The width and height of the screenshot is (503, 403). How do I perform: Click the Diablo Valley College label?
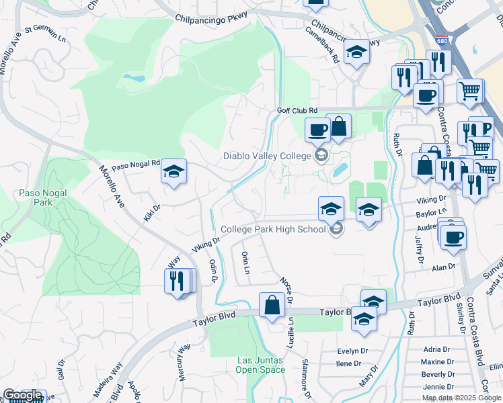267,156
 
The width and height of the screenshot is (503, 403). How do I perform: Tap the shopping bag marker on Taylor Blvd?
272,306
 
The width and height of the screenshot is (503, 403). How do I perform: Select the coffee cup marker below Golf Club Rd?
317,130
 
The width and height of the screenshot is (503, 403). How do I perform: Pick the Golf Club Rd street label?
297,110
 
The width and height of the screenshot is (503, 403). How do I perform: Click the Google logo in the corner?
22,396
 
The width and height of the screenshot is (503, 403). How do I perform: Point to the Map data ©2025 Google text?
461,398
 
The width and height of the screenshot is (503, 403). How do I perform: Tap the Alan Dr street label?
443,267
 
